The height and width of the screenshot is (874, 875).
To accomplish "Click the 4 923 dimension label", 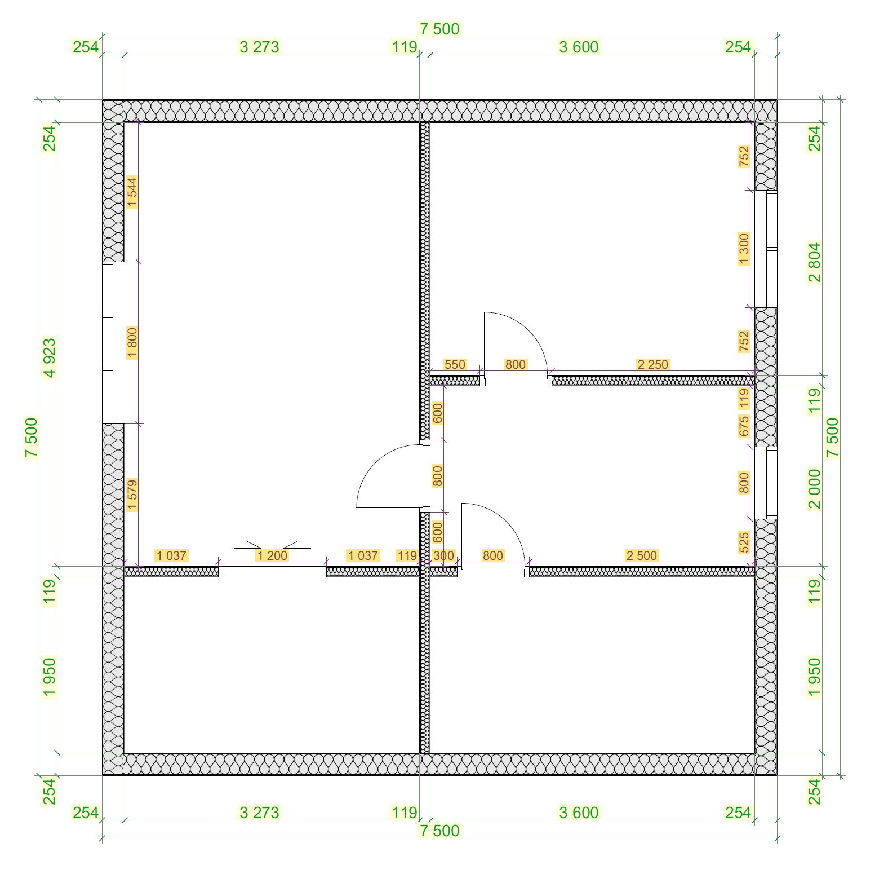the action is point(50,357).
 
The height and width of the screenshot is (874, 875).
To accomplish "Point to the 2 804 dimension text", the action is point(815,262).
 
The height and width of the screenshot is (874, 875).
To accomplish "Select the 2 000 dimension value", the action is point(815,488).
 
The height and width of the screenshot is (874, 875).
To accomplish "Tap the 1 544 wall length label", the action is point(132,192).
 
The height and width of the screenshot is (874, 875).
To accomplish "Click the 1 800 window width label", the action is point(132,342).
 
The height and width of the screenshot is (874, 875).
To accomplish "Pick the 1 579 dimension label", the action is point(132,495).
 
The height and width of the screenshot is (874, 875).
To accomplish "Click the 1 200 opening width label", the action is point(272,555).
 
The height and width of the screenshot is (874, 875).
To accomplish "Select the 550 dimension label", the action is point(455,364).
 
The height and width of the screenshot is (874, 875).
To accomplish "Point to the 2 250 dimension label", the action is point(653,364).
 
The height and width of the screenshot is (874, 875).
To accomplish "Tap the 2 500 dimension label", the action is point(642,555).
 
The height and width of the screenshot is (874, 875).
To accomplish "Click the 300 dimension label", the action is point(443,555).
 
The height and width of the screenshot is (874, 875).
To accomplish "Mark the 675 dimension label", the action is point(744,426).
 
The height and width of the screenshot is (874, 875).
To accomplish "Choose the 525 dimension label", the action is point(744,542).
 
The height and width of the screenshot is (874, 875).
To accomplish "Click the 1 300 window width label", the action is point(744,249).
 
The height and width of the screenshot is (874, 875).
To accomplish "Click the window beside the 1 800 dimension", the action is point(113,342).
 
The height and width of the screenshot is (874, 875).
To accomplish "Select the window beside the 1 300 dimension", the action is point(766,249).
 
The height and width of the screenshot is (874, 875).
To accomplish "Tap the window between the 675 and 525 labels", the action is point(766,483).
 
